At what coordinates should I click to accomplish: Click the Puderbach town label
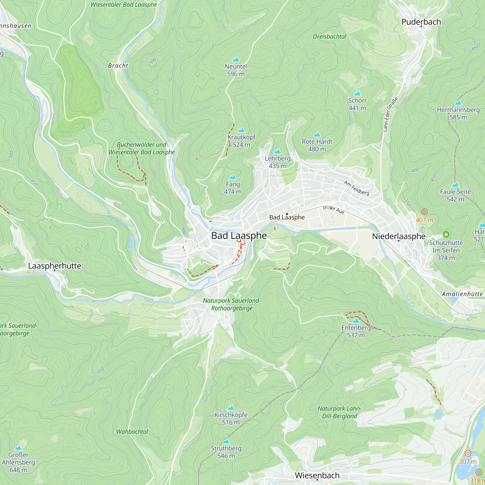point(421,22)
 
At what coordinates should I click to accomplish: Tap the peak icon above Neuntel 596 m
point(236,59)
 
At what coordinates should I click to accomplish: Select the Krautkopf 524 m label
point(241,141)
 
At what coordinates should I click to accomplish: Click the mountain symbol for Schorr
point(357,94)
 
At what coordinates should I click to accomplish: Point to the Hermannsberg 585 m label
point(458,113)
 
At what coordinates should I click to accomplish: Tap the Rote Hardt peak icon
point(317,135)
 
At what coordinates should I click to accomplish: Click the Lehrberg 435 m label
point(277,162)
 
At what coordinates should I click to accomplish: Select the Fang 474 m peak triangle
point(233,177)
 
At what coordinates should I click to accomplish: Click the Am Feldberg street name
point(356,188)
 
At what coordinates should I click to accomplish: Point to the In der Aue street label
point(333,210)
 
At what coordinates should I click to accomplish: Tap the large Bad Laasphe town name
point(239,236)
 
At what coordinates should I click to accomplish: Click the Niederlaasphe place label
point(399,236)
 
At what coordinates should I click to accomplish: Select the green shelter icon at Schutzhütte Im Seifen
point(446,234)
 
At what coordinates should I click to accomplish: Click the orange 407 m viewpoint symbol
point(424,212)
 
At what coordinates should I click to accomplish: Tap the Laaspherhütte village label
point(55,266)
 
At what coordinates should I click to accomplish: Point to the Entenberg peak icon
point(356,321)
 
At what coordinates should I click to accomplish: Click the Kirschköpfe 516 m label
point(231,419)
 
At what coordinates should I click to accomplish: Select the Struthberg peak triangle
point(226,441)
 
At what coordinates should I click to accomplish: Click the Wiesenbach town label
point(317,475)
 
